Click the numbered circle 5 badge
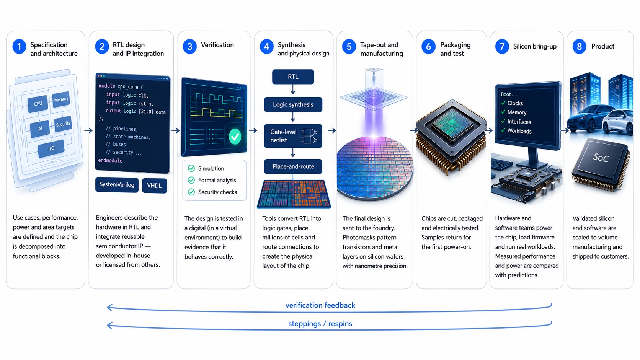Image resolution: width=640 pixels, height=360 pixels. (x=349, y=47)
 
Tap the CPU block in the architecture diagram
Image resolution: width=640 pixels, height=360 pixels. (x=38, y=104)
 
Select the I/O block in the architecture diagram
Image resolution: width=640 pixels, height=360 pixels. (x=51, y=148)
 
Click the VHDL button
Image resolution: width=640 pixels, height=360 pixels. (x=154, y=186)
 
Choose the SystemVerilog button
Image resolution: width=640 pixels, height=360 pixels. (x=117, y=185)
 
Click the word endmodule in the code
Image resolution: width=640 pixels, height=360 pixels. (x=110, y=160)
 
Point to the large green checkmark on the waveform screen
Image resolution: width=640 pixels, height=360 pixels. (x=235, y=137)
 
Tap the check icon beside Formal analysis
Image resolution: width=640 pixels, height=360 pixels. (x=191, y=180)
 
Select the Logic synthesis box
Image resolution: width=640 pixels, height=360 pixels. (x=293, y=104)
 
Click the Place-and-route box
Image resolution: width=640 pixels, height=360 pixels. (x=293, y=166)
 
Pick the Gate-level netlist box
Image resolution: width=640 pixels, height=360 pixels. (x=293, y=136)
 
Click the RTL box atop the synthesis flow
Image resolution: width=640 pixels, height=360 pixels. (x=293, y=77)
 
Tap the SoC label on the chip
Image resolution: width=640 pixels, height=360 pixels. (x=601, y=158)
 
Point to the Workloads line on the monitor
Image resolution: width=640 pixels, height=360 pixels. (x=517, y=131)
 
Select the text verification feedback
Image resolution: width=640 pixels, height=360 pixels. (x=320, y=305)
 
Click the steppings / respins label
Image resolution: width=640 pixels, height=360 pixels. (x=320, y=324)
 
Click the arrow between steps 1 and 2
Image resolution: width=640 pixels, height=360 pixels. (x=88, y=130)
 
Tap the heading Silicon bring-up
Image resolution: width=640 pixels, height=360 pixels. (x=535, y=47)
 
